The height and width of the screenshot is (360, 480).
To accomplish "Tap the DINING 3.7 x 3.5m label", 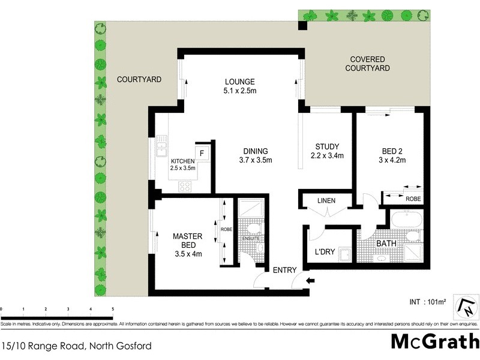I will click(255, 155).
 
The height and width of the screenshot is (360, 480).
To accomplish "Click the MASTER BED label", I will click(187, 245).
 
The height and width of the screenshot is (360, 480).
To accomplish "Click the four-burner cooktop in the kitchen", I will click(185, 186).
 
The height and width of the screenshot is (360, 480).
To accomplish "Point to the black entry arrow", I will click(310, 280).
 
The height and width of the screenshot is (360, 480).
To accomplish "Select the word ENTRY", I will click(285, 271).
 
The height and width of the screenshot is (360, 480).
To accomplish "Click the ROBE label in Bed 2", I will click(413, 198).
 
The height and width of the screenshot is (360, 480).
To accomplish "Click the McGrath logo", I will click(434, 340).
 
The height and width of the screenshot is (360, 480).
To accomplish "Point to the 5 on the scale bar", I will click(113, 308).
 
